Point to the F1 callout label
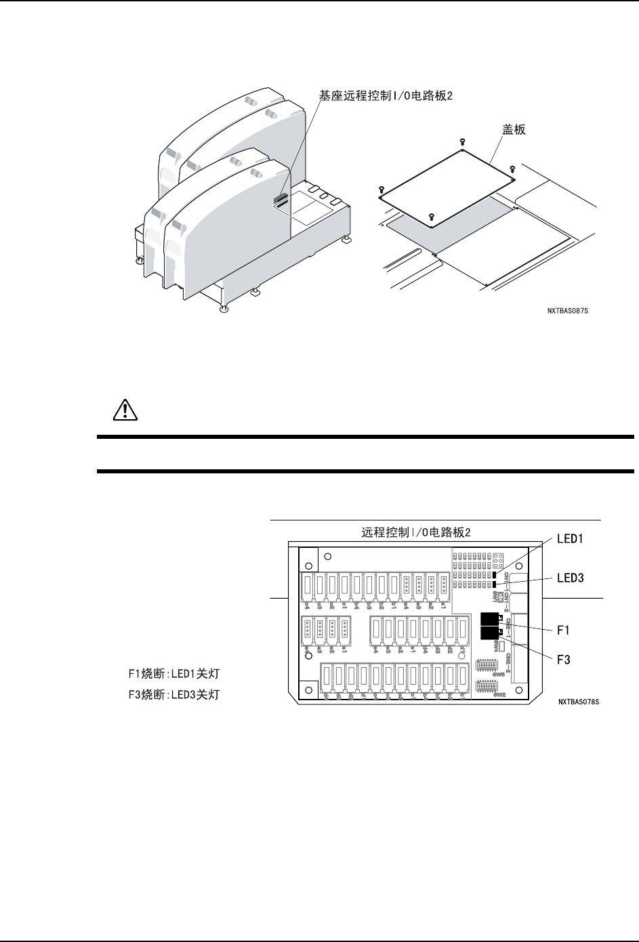pyautogui.click(x=564, y=630)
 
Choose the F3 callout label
pyautogui.click(x=564, y=658)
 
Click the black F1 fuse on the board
pyautogui.click(x=489, y=618)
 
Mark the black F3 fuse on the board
pyautogui.click(x=489, y=633)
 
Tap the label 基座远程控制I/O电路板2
pyautogui.click(x=386, y=96)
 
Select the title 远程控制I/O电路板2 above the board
pyautogui.click(x=417, y=532)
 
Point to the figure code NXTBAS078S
pyautogui.click(x=579, y=702)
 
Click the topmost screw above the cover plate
pyautogui.click(x=461, y=142)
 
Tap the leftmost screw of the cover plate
pyautogui.click(x=382, y=190)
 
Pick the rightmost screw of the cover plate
pyautogui.click(x=512, y=168)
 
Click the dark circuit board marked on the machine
pyautogui.click(x=281, y=199)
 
